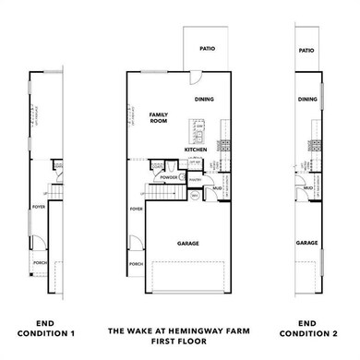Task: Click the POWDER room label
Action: pyautogui.click(x=169, y=177)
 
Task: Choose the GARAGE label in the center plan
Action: pyautogui.click(x=188, y=244)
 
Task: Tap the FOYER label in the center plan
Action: pyautogui.click(x=137, y=210)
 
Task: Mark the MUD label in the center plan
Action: pyautogui.click(x=219, y=187)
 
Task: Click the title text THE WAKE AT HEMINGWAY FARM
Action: pyautogui.click(x=179, y=330)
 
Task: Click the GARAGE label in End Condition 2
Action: pyautogui.click(x=307, y=244)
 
